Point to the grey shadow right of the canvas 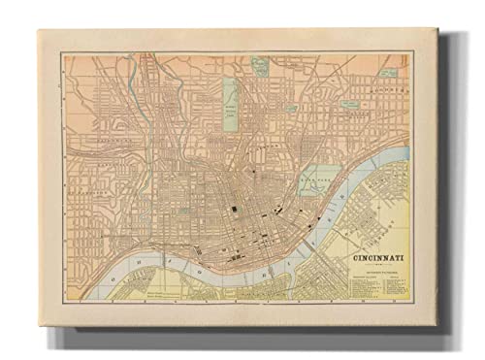[441, 194]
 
